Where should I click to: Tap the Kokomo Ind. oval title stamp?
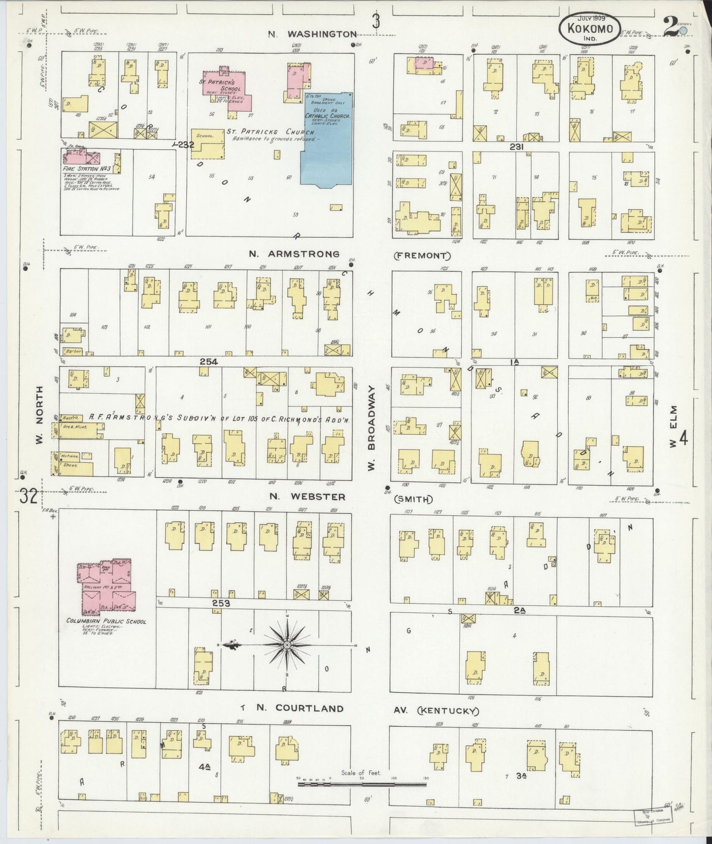coord(590,29)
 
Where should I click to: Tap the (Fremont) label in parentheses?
coord(422,256)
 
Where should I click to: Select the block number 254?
coord(208,362)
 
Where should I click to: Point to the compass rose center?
coord(287,645)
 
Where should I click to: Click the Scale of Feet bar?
coord(361,782)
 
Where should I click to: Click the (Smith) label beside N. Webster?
coord(413,499)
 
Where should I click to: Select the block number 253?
coord(222,603)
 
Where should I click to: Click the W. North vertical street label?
coord(40,415)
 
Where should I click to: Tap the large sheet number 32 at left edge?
coord(29,496)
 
